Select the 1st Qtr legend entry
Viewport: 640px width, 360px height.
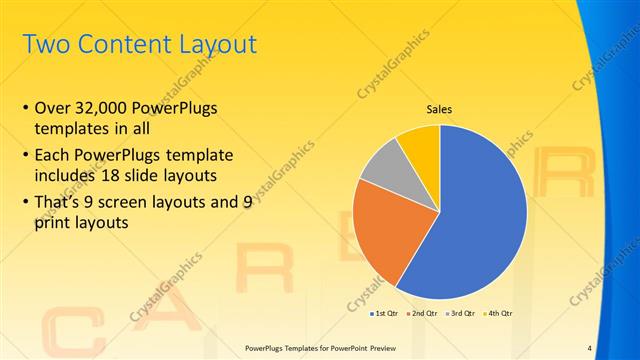386,313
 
